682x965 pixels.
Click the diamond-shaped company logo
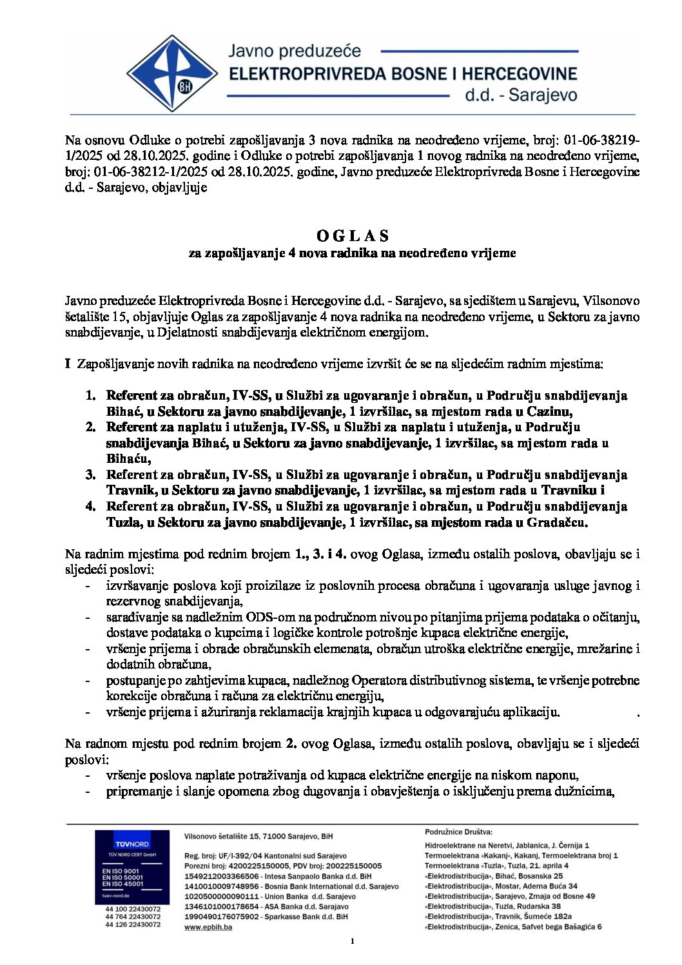click(171, 73)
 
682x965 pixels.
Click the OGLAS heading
click(353, 235)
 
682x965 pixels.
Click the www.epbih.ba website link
click(208, 927)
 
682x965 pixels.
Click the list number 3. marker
click(91, 475)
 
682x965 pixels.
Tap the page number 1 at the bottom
click(353, 941)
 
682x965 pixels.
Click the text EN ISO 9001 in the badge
click(121, 871)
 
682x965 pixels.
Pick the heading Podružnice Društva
click(458, 832)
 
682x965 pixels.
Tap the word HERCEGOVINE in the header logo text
click(513, 73)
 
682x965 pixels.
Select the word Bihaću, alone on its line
click(128, 459)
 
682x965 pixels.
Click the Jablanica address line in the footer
click(507, 845)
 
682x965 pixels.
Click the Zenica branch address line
click(513, 926)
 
